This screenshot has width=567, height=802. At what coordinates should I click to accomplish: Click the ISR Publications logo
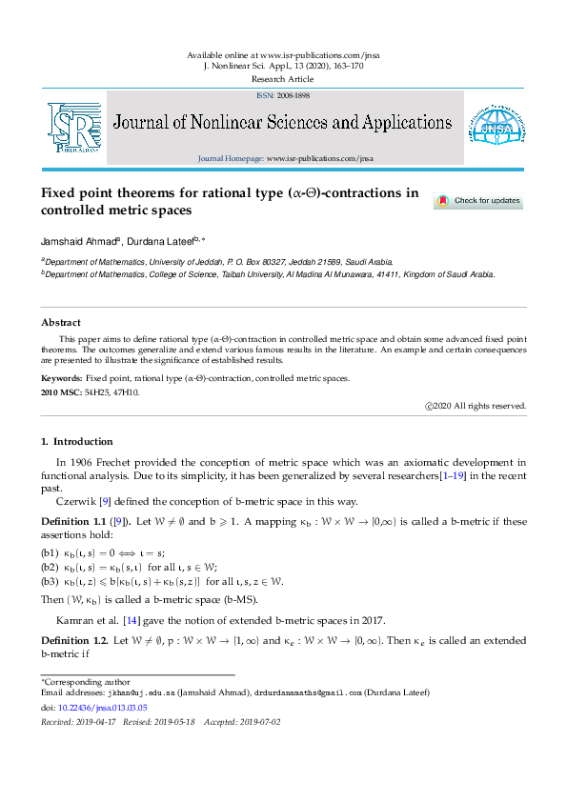click(73, 128)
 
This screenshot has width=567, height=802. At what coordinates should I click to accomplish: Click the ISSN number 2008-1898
click(291, 95)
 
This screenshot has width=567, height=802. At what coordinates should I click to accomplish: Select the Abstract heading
click(60, 323)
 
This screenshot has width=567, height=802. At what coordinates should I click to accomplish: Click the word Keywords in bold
click(61, 378)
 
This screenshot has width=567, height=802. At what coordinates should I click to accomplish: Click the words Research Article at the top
click(283, 79)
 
